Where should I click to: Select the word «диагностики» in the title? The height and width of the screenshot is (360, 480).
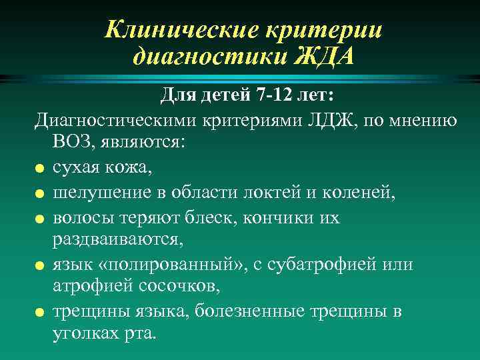pos(208,56)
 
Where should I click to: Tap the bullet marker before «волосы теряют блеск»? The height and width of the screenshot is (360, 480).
pos(40,219)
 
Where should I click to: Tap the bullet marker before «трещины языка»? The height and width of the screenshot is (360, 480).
pos(40,313)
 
